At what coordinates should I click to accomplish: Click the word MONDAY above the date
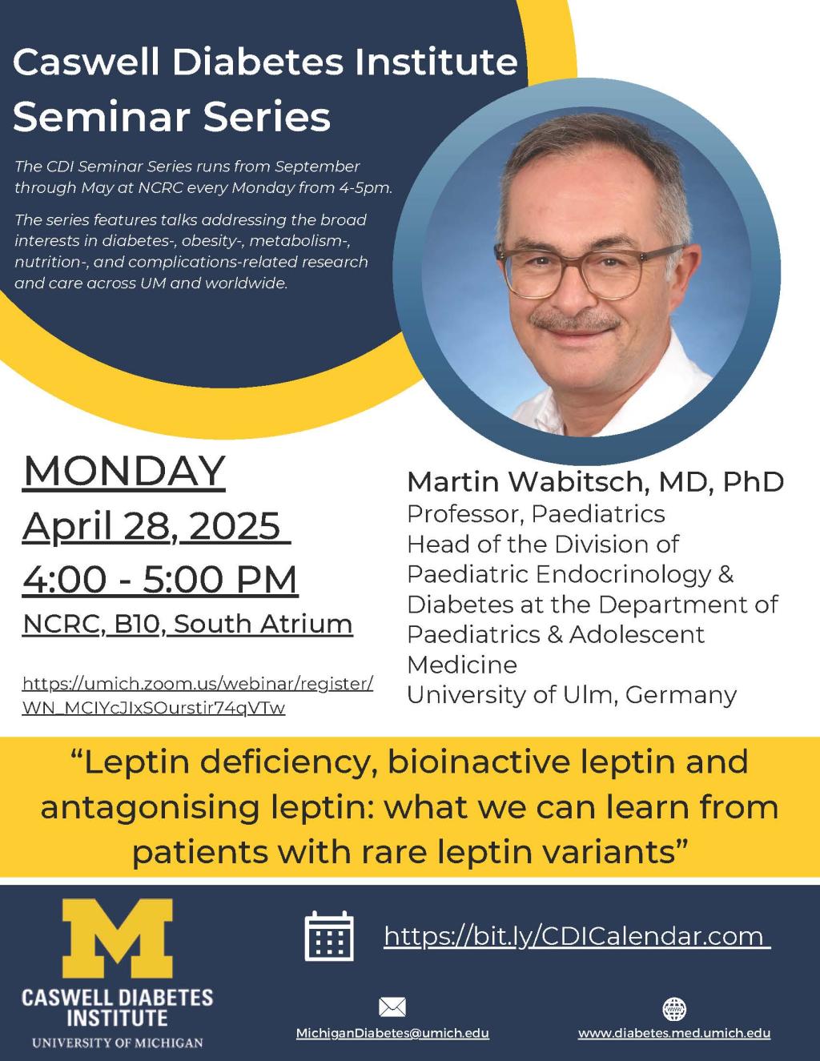tap(124, 471)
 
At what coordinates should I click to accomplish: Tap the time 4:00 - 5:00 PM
tap(160, 579)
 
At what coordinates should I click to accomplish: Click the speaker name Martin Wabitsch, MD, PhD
tap(595, 482)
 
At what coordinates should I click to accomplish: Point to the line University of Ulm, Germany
tap(571, 694)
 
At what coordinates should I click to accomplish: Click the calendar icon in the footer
tap(329, 935)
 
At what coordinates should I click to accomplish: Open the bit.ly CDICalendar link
tap(577, 935)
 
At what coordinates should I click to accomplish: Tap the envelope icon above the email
tap(392, 1007)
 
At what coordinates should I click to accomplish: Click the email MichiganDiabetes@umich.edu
tap(392, 1033)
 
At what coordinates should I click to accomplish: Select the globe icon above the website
tap(675, 1008)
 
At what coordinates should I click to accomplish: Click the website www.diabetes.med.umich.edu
tap(674, 1033)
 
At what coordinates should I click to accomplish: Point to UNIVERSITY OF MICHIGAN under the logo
tap(117, 1043)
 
